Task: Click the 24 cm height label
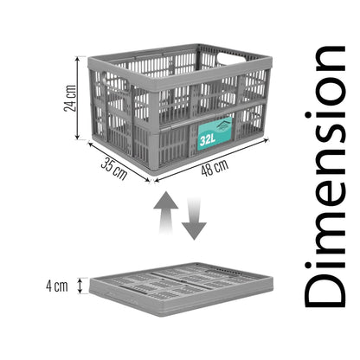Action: click(x=70, y=98)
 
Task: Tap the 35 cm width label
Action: click(x=114, y=169)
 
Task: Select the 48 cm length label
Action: click(x=215, y=167)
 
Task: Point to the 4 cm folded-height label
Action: click(x=57, y=286)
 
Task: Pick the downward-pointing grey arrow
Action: click(x=194, y=219)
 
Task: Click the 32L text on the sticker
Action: click(x=208, y=140)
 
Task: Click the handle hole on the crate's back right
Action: click(x=232, y=57)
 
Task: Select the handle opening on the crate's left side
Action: click(x=113, y=81)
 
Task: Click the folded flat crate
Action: click(x=181, y=289)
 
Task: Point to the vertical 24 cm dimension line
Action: click(x=77, y=98)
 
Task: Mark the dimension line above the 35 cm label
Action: click(x=119, y=162)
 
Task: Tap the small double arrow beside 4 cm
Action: click(x=80, y=286)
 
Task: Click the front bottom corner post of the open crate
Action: click(x=154, y=150)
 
